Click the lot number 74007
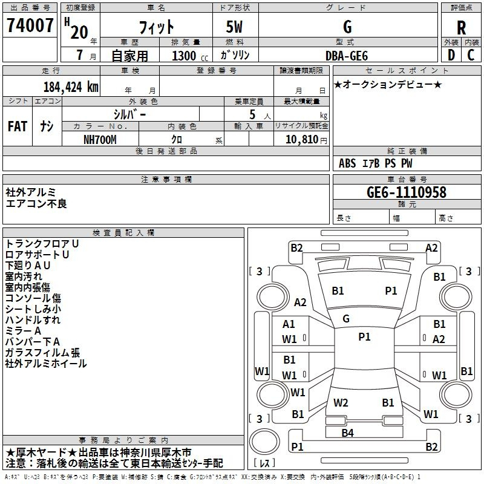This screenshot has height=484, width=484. point(30,25)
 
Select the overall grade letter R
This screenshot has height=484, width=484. point(461,28)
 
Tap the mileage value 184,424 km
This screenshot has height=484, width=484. point(71,87)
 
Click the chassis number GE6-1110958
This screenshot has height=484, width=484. point(406,192)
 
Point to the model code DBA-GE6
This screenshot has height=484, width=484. point(347,56)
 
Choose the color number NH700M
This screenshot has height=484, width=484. point(100,140)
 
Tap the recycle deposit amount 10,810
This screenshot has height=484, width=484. point(301,140)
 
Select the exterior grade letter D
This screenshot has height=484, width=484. point(451,55)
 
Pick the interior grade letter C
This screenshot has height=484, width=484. point(471,55)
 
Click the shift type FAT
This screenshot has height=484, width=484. point(18,126)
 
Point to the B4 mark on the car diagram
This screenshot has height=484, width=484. point(347,433)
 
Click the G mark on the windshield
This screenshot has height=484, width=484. point(346,319)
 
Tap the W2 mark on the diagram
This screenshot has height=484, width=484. point(341,403)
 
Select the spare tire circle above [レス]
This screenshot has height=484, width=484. point(264,442)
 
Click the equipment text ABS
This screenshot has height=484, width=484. point(347,163)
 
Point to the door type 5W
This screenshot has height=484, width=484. point(234,27)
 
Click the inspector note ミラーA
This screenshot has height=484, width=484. point(23,331)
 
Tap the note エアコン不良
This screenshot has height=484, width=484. point(36,204)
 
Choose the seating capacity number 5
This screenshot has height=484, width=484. point(252,114)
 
